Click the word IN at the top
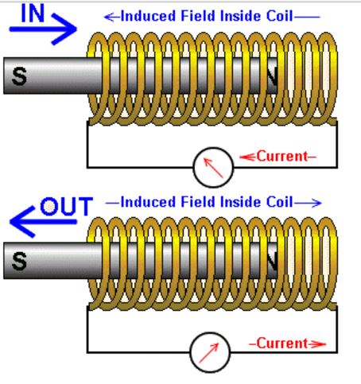coord(33,14)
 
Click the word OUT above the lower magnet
coord(67,206)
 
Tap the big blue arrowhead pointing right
coord(64,29)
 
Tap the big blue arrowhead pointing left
coord(22,222)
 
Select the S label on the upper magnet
coord(19,76)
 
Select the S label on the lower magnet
coord(19,261)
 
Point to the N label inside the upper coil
coord(272,76)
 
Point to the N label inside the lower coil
coord(272,262)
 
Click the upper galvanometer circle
coord(213,168)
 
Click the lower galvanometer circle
coord(210,352)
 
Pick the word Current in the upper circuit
coord(282,156)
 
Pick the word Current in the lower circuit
coord(282,343)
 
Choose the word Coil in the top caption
coord(280,16)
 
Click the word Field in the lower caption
coord(198,202)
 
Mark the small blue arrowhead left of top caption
coord(109,17)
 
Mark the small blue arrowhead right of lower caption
coord(316,204)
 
